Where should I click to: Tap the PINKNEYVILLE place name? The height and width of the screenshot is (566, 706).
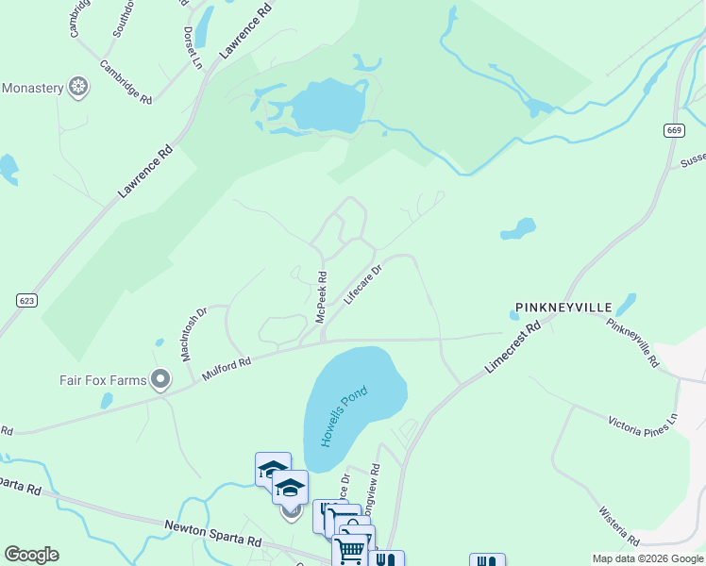(563, 308)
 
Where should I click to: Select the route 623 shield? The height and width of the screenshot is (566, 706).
(26, 300)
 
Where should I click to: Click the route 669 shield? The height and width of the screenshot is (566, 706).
(673, 129)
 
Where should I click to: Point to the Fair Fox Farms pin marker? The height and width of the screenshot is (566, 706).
(160, 380)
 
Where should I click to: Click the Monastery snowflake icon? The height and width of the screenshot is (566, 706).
(80, 89)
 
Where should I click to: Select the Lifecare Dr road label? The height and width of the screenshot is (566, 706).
(362, 284)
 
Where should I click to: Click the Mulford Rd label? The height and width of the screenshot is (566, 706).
(226, 368)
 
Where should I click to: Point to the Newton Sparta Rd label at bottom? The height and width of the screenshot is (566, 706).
(212, 533)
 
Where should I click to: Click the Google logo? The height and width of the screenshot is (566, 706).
(31, 555)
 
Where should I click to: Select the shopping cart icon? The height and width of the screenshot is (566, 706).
(350, 548)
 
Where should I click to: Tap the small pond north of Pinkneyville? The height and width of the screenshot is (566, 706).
(518, 229)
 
